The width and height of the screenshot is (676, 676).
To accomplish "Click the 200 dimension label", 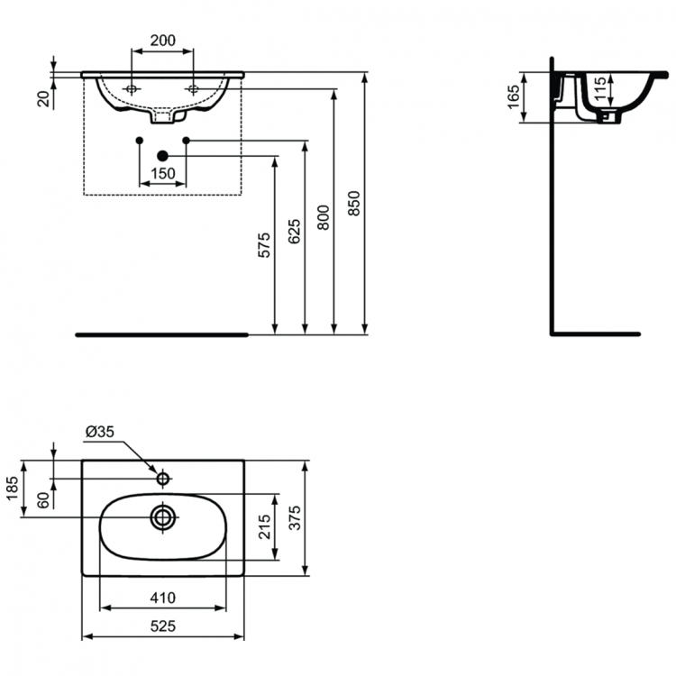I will point(162,41).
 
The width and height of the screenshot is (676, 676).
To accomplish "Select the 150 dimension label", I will point(162,173).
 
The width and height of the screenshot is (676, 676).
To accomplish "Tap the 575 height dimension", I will point(264,246).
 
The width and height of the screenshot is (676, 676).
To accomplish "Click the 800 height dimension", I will point(324,213).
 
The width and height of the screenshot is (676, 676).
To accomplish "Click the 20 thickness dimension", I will point(42,98).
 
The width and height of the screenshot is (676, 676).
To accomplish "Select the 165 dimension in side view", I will point(515,96).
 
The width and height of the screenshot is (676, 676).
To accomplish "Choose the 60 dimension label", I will point(42,500).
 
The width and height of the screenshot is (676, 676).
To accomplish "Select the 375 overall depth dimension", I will point(295,516).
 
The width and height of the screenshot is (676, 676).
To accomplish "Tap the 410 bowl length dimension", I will point(162,597).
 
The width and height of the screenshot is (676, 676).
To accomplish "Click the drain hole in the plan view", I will point(163,517).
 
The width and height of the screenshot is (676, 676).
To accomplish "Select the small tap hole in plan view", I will point(163,477).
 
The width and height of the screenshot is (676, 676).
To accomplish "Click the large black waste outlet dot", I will point(162,156).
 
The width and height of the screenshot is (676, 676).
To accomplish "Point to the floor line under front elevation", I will point(162,333).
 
